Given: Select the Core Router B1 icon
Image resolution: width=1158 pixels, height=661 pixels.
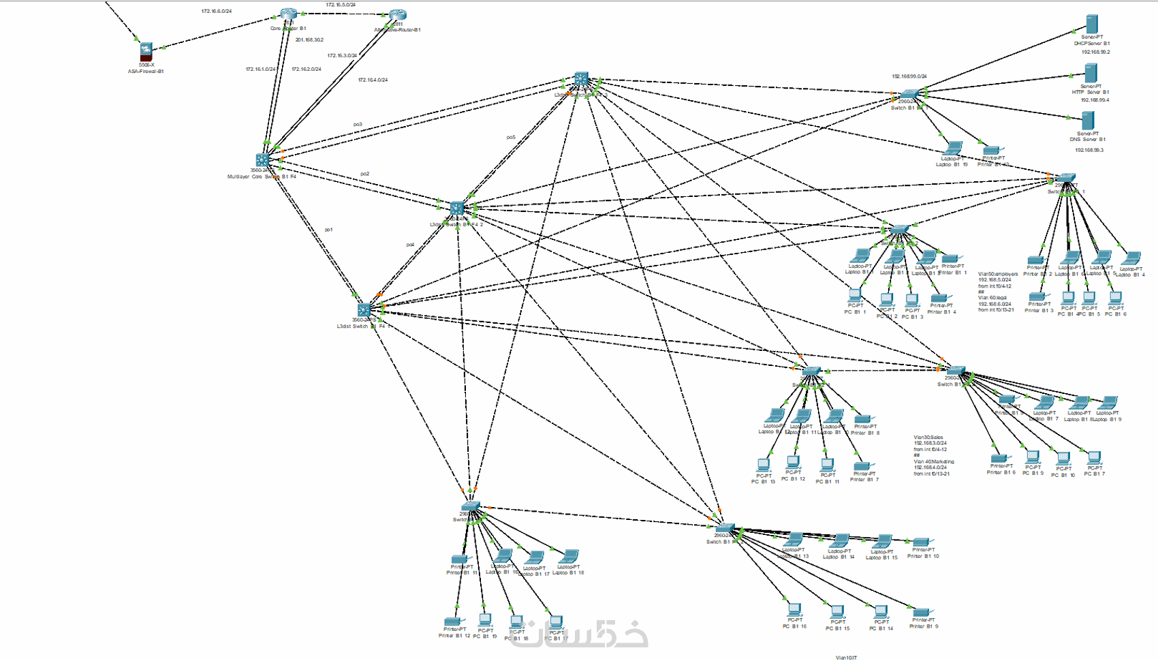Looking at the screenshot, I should (289, 15).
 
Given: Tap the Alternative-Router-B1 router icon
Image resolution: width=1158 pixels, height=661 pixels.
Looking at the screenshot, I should (398, 16).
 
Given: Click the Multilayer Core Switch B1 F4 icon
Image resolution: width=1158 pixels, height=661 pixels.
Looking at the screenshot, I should (262, 161).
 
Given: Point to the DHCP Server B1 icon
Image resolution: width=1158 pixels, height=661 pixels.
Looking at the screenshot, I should (1093, 25).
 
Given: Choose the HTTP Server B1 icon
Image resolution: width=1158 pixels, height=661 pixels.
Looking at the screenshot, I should (1091, 74).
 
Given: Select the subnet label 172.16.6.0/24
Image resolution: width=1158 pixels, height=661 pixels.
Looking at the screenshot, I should (217, 12).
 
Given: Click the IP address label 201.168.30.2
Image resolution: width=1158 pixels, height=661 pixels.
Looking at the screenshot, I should (309, 40).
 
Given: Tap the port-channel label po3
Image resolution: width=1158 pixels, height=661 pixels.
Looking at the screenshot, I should (358, 124).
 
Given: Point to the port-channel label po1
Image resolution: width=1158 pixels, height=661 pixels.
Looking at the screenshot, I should (329, 230).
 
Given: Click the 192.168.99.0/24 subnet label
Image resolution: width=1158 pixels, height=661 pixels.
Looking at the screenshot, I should (909, 76).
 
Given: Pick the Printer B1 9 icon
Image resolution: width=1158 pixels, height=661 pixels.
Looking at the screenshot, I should (922, 613).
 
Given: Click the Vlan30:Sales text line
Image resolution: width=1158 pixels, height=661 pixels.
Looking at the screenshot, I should (928, 437).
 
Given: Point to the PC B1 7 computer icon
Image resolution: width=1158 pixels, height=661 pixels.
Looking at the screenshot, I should (1095, 458).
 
